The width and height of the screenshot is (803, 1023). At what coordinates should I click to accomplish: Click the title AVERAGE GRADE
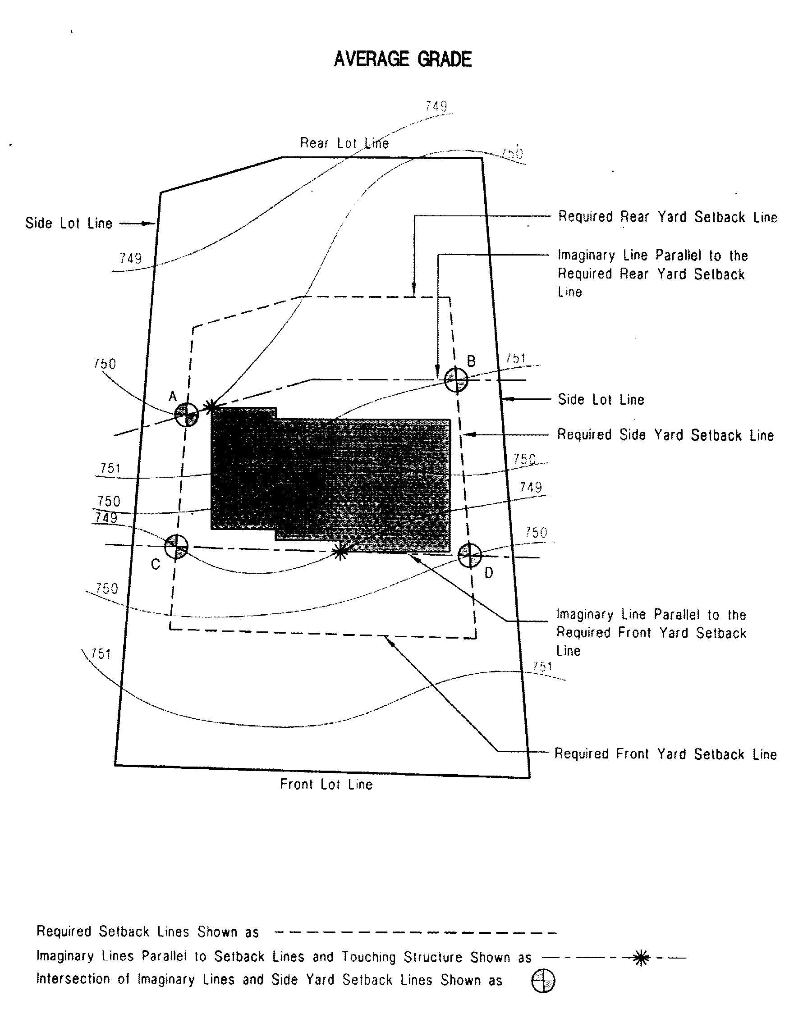403,59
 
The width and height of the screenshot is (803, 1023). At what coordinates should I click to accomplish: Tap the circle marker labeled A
186,415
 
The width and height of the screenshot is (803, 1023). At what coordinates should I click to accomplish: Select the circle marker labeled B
456,380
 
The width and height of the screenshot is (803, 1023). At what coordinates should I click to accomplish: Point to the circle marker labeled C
176,546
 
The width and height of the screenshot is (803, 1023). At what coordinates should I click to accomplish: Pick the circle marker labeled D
470,555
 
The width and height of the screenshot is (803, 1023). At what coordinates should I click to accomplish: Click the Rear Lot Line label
344,143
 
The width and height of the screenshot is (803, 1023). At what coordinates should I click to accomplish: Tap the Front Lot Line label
326,784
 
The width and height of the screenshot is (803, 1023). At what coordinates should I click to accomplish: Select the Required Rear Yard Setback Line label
668,217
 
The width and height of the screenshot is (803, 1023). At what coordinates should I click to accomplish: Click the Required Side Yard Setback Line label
665,435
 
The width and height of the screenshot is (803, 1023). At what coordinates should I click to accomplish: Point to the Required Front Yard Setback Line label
665,754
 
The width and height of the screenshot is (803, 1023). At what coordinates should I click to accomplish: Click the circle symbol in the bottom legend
543,981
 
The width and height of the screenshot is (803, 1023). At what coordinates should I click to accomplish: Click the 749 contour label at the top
436,106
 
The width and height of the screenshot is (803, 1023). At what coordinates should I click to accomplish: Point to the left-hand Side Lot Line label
69,223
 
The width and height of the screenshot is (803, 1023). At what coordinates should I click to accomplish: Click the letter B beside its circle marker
471,361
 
